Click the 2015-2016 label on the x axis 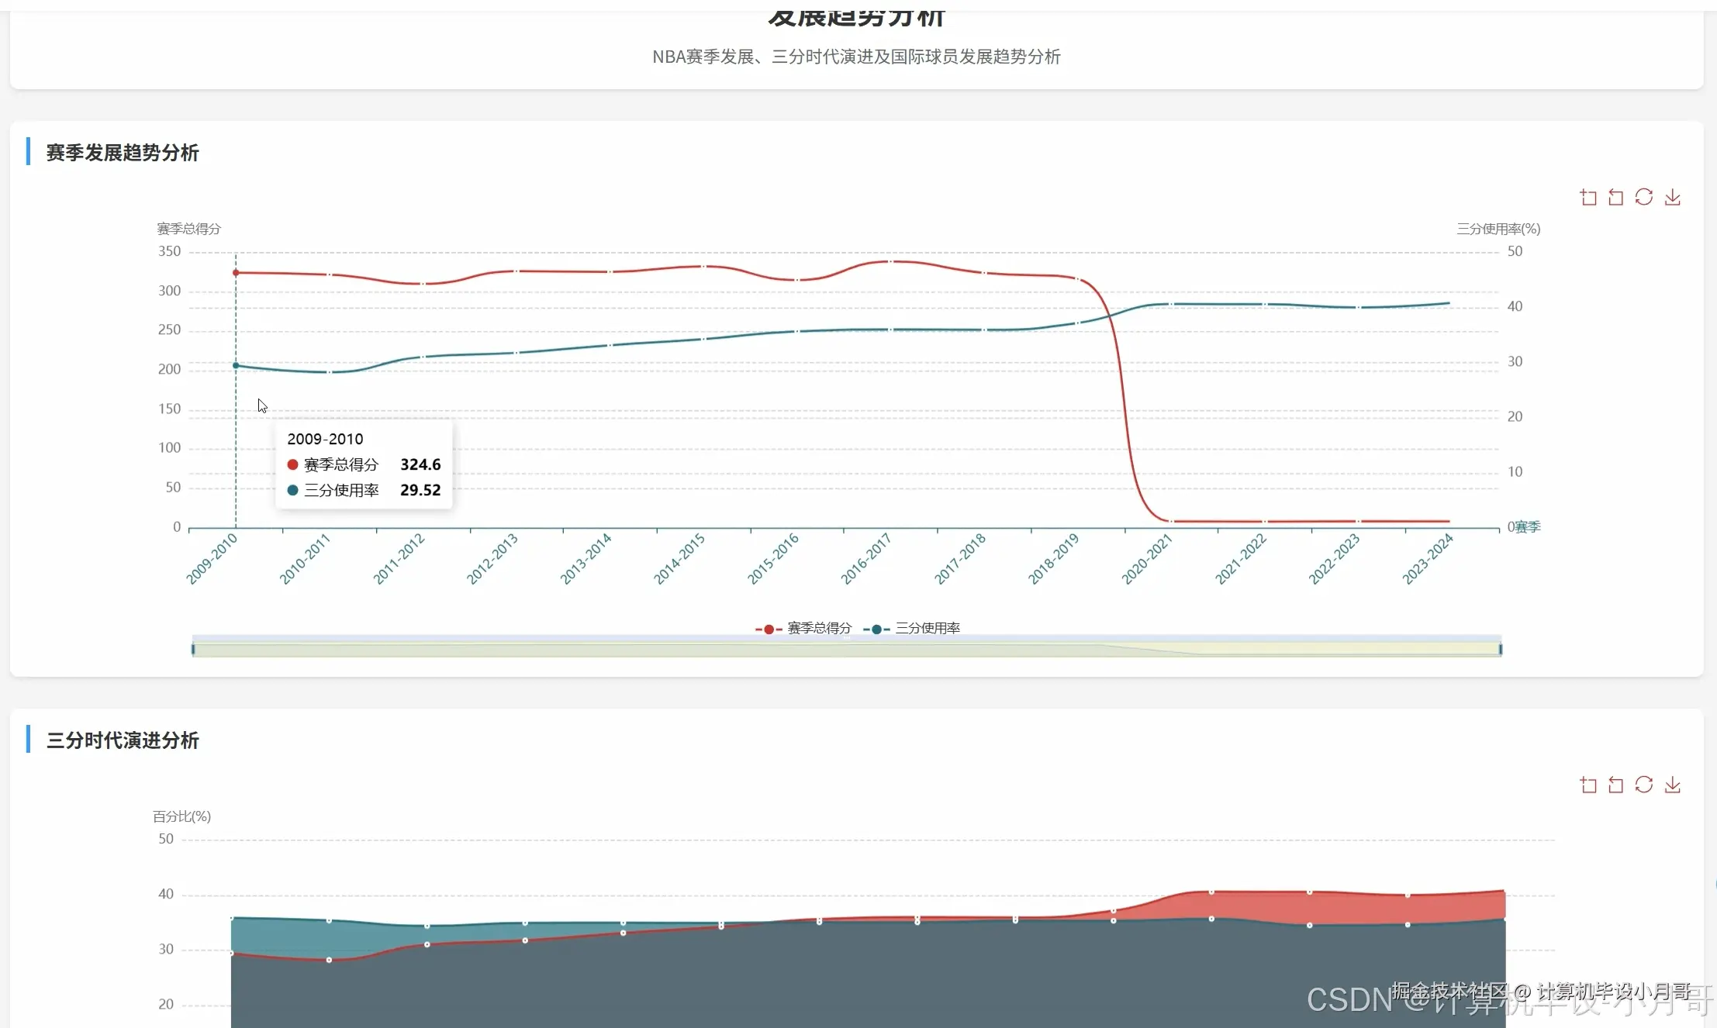[773, 558]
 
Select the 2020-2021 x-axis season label [1147, 558]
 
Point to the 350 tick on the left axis [169, 251]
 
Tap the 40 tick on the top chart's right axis [1515, 306]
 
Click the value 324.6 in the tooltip [420, 464]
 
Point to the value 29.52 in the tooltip [420, 490]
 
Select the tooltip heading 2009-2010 [325, 439]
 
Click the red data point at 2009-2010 [236, 273]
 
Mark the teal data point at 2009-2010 [236, 365]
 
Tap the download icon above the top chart [1673, 198]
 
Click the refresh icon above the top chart [1644, 198]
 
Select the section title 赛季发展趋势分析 [123, 153]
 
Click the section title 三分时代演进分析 [123, 740]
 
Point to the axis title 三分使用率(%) [1498, 229]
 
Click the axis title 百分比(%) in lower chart [181, 816]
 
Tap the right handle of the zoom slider [1501, 649]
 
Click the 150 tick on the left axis [169, 409]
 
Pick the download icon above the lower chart [1673, 785]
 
